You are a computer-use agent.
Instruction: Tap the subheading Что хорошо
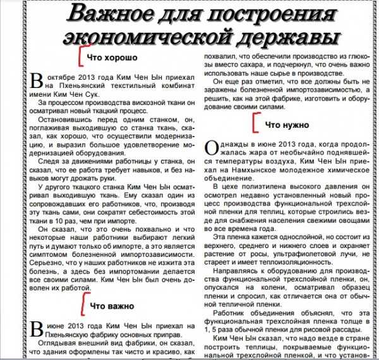112,58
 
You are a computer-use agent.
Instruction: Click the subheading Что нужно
286,125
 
